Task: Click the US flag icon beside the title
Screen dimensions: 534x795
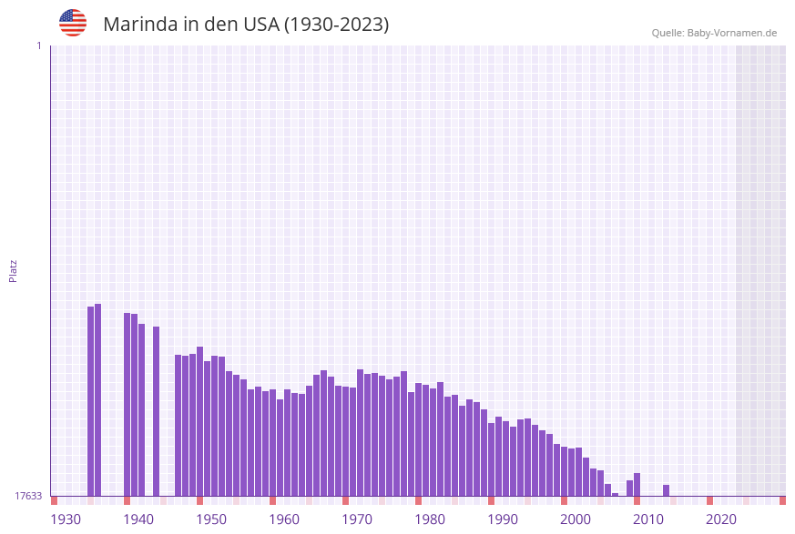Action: (x=73, y=23)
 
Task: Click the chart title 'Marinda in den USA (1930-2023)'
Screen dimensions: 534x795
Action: (x=246, y=25)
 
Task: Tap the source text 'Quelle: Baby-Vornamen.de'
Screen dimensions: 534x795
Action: (x=714, y=33)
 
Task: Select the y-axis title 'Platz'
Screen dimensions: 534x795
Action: (x=14, y=270)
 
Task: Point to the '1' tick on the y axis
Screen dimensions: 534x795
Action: (x=38, y=45)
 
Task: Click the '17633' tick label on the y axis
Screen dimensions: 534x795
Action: (x=28, y=496)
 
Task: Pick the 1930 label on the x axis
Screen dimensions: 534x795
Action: (x=66, y=519)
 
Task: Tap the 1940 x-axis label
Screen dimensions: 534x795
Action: (x=138, y=519)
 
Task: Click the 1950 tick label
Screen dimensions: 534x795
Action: (x=211, y=519)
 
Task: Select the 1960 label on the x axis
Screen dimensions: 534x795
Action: (x=284, y=519)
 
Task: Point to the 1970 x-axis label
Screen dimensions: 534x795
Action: (x=357, y=519)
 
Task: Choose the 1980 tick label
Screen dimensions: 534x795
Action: (x=430, y=519)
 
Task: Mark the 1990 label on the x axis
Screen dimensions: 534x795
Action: (x=503, y=519)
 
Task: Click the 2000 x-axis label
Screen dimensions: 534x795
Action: (x=576, y=519)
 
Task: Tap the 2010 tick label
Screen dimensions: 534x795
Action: (x=648, y=519)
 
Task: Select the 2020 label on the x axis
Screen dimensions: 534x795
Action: (x=721, y=519)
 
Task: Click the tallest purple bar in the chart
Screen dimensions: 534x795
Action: (x=98, y=400)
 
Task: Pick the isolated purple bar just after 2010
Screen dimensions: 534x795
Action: (x=667, y=490)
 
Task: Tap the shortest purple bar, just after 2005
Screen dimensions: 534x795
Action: (x=616, y=494)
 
